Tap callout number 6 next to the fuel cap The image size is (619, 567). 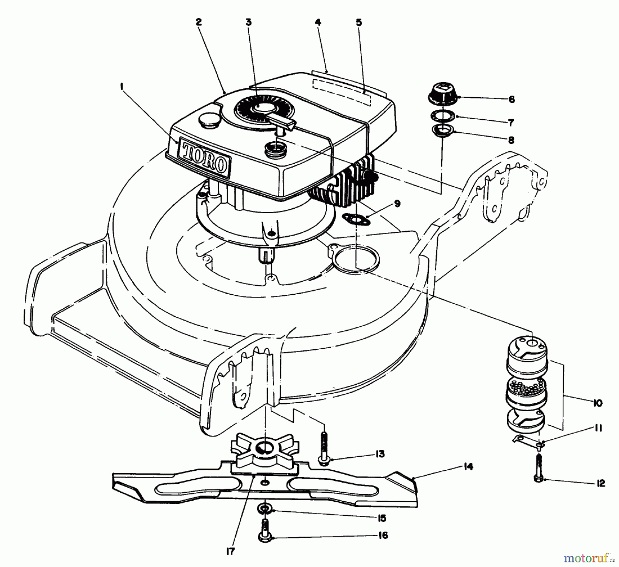[x=511, y=100]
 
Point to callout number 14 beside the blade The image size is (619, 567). [x=468, y=467]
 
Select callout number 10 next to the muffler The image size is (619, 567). [x=598, y=403]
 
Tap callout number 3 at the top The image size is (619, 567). [x=248, y=22]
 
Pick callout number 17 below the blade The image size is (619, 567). [x=230, y=551]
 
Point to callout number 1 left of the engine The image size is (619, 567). [x=122, y=87]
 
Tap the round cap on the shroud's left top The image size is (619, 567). [x=207, y=121]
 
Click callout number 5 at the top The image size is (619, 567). [x=359, y=22]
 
